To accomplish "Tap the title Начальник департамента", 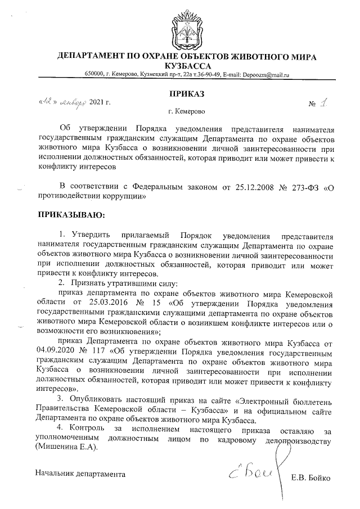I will click(80, 474).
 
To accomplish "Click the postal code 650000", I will click(94, 75).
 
